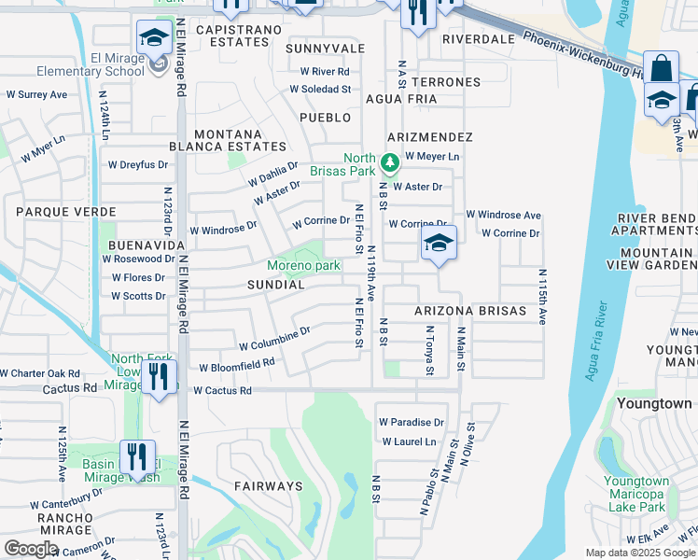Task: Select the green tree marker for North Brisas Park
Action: tap(388, 165)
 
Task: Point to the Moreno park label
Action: tap(303, 266)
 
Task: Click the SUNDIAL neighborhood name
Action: tap(275, 284)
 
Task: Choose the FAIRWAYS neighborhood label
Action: tap(268, 486)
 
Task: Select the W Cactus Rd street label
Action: tap(222, 391)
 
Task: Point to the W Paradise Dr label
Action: tap(413, 422)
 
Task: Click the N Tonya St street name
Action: tap(429, 351)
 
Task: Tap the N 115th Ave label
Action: tap(541, 297)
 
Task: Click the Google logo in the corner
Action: tap(31, 549)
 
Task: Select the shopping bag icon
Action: tap(661, 70)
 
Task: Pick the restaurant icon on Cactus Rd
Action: tap(159, 377)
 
